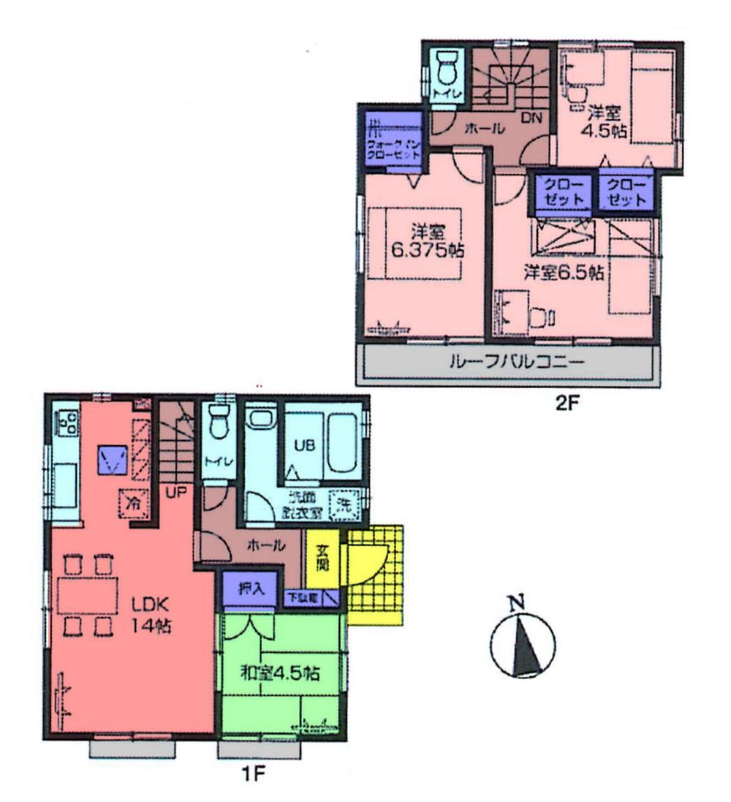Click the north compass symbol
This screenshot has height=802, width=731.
click(x=521, y=641)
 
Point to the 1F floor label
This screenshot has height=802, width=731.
click(x=252, y=773)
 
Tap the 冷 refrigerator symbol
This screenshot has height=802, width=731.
click(x=134, y=502)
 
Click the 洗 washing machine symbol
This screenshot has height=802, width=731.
click(x=342, y=503)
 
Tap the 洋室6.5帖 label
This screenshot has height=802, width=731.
click(x=563, y=273)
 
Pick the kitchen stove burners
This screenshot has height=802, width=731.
click(x=68, y=421)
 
